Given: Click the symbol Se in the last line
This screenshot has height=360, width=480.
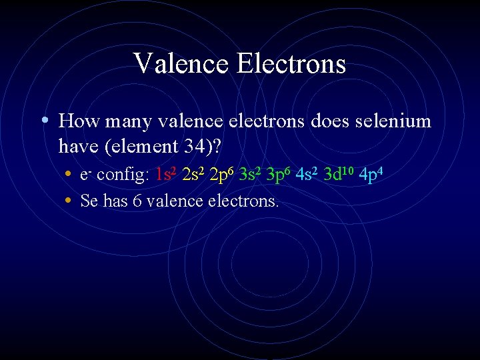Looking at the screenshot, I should pyautogui.click(x=89, y=201).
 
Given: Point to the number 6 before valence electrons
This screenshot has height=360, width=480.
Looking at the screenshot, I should pyautogui.click(x=137, y=201).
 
